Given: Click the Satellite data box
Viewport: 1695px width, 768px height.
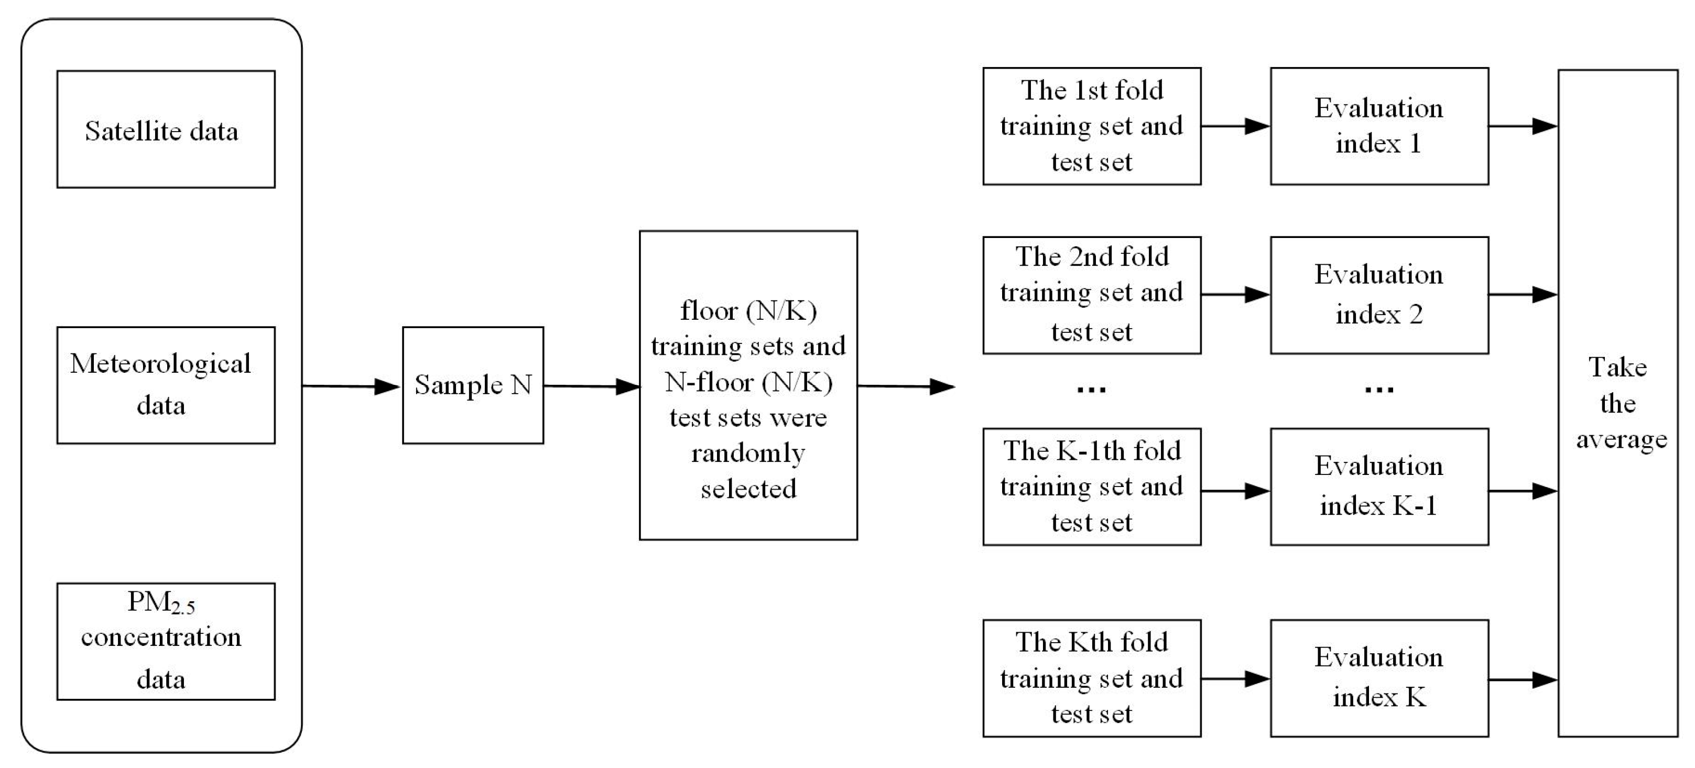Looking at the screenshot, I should click(165, 129).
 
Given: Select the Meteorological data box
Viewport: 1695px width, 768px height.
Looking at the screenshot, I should click(165, 385).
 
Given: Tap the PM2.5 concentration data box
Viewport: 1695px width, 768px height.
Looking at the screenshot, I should click(165, 641).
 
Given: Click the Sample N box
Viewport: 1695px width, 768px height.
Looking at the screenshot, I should click(472, 385).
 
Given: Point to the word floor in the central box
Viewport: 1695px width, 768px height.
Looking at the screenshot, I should click(709, 311).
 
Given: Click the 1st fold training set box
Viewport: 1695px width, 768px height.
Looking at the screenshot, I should click(1091, 126).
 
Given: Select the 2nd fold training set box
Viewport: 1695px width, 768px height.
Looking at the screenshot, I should click(1091, 295).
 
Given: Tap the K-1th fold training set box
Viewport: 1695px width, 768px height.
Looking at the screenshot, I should click(1091, 486).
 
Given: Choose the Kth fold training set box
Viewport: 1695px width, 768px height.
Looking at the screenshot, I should click(1091, 678).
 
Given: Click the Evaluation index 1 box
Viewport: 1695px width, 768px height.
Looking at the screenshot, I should click(1378, 126).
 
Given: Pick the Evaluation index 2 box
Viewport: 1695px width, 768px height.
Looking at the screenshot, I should click(1378, 295).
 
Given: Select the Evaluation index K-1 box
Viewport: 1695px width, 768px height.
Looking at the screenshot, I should click(1378, 486).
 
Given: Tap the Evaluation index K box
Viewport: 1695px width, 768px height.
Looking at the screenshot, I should click(1378, 678).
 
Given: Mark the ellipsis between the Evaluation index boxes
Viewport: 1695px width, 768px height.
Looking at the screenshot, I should click(1378, 390).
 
